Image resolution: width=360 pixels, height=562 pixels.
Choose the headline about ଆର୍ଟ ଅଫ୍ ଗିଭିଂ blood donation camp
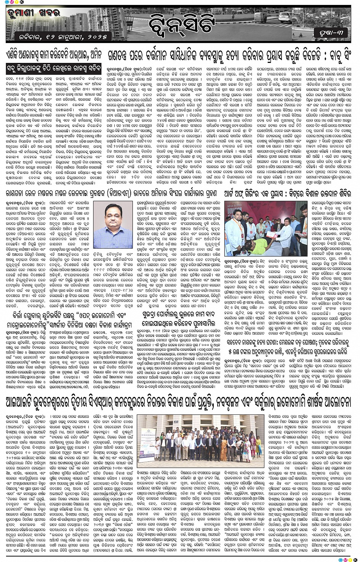click(x=286, y=194)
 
